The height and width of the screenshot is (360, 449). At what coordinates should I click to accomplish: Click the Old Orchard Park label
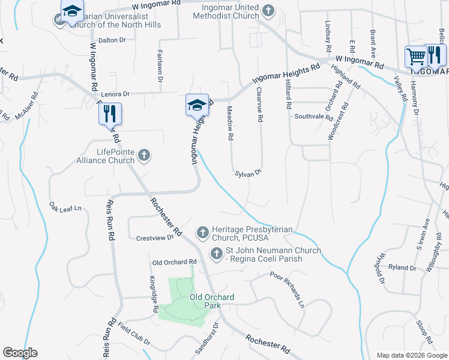point(203,301)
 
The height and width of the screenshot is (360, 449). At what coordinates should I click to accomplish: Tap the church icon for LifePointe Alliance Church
point(143,156)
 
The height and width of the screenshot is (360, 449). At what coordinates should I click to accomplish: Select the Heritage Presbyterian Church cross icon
point(203,232)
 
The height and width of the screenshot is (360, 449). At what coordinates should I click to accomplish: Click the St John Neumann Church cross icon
point(216,254)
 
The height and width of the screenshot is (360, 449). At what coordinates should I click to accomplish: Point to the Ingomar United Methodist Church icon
point(268,10)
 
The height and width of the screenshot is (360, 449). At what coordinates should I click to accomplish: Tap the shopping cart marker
point(415,56)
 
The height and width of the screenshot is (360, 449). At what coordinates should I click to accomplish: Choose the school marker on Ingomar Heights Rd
point(196,105)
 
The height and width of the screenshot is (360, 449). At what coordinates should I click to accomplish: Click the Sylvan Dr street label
point(248,173)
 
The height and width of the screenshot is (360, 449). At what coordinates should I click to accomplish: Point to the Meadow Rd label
point(229,123)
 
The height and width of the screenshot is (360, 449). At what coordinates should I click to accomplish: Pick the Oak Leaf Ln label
point(65,208)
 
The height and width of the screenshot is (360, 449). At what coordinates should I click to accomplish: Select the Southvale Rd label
point(313,117)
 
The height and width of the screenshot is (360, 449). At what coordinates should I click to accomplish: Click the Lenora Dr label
point(115,94)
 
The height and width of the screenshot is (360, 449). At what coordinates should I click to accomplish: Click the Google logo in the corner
point(20,353)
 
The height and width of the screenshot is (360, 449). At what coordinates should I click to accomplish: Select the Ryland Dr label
point(402,268)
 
